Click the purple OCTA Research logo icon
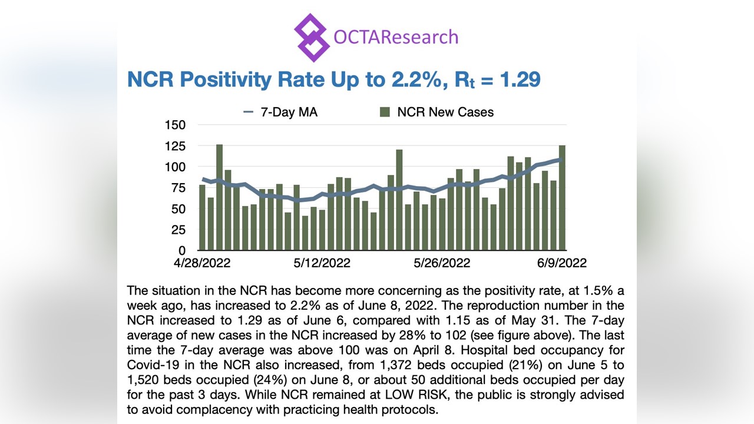pyautogui.click(x=311, y=37)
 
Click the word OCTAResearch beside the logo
pyautogui.click(x=395, y=37)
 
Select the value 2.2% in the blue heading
pyautogui.click(x=412, y=79)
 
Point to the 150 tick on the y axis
pyautogui.click(x=176, y=125)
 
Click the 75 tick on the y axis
pyautogui.click(x=178, y=188)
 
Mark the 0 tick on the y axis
pyautogui.click(x=182, y=251)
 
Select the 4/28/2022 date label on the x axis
pyautogui.click(x=202, y=263)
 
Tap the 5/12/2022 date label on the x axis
pyautogui.click(x=322, y=263)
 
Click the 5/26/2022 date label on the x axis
pyautogui.click(x=442, y=263)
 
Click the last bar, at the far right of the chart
pyautogui.click(x=563, y=197)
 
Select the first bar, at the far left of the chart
pyautogui.click(x=202, y=217)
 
